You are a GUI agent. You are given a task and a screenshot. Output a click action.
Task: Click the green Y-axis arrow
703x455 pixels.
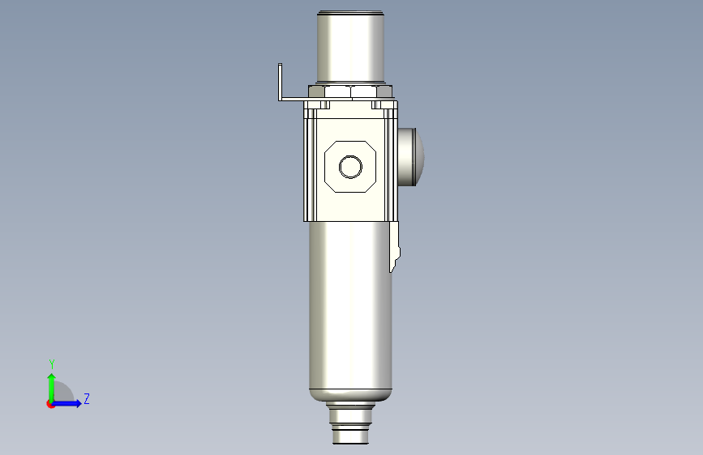[51, 385]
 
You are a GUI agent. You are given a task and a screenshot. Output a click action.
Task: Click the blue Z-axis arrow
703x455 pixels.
[70, 403]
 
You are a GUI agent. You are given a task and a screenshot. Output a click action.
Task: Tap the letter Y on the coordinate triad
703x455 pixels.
[51, 364]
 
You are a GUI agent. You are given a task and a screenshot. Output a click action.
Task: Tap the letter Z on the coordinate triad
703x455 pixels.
[86, 399]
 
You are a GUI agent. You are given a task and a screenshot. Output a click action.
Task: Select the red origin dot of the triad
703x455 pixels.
[50, 404]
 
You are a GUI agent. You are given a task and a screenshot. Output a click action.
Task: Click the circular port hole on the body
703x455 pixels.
[351, 167]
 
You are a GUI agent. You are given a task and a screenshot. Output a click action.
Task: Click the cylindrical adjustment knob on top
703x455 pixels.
[350, 49]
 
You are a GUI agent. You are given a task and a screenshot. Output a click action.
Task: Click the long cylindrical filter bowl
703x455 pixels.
[350, 308]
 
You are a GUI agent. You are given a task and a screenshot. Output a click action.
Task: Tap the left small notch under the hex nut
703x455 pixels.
[324, 104]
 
